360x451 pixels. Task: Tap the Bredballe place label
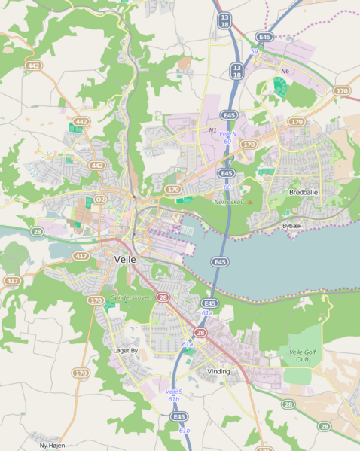(x=304, y=193)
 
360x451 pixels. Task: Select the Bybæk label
(x=291, y=226)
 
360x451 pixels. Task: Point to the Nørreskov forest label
(x=229, y=202)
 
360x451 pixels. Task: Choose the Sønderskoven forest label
(x=131, y=297)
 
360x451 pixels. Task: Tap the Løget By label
(x=125, y=351)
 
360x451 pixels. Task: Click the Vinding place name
(x=218, y=371)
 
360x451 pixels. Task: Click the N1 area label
(x=212, y=130)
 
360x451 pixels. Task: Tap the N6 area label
(x=285, y=72)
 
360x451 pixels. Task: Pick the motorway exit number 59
(x=255, y=51)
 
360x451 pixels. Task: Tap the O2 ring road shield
(x=99, y=199)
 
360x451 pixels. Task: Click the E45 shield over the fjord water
(x=219, y=262)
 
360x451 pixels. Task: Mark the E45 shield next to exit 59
(x=264, y=36)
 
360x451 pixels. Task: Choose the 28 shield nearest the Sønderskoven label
(x=163, y=298)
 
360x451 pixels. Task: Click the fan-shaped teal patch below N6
(x=280, y=87)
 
